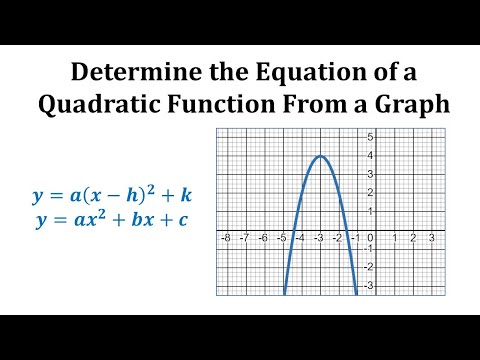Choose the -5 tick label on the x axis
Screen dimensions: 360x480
click(x=282, y=238)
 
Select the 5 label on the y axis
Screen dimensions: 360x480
click(x=370, y=136)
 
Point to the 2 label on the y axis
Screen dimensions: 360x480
click(x=370, y=192)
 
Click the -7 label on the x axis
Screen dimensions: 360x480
click(x=245, y=238)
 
